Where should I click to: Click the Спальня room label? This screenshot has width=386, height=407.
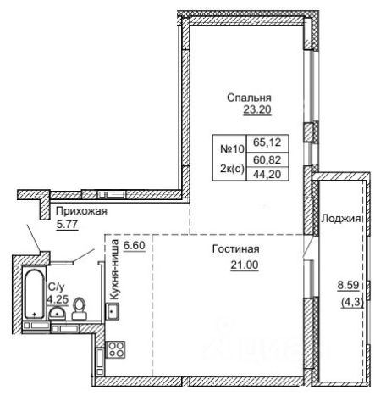pos(249,98)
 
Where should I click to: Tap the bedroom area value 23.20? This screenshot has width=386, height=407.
pos(257,109)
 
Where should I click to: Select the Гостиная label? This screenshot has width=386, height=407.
pos(236,249)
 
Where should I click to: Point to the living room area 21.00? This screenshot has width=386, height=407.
pos(245,265)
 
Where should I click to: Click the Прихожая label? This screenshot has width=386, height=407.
pos(81,211)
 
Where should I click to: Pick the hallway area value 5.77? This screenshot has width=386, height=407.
pos(67,225)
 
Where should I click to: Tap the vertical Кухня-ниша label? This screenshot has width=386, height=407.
pos(114,270)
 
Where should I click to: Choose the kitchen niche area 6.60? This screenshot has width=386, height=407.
pos(135,245)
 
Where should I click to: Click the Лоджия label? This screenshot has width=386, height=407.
pos(341,219)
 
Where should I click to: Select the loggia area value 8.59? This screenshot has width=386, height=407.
pos(349,285)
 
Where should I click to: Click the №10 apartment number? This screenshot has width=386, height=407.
pos(232,148)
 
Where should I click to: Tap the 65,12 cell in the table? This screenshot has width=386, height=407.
pos(267,142)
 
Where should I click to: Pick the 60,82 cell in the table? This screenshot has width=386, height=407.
pos(267,160)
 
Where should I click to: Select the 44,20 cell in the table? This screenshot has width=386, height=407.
pos(267,175)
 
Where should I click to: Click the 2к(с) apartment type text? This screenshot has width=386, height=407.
pos(232,169)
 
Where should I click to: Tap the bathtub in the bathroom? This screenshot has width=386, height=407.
pos(35,294)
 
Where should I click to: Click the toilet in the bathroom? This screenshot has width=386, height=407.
pos(80,309)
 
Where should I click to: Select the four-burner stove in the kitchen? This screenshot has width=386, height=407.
pos(116,349)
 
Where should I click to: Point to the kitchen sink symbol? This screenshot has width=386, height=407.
pos(113,311)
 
